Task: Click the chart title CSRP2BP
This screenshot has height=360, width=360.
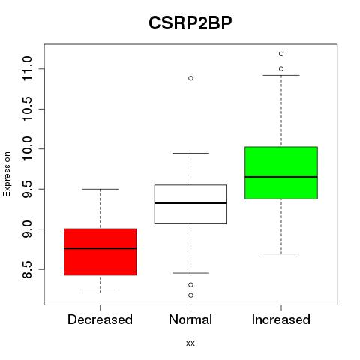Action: (190, 22)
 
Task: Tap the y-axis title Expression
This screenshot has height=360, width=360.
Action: (7, 174)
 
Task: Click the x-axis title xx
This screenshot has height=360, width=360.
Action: (190, 343)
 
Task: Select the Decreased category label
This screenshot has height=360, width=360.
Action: (100, 319)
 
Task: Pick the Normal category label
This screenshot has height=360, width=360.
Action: (190, 319)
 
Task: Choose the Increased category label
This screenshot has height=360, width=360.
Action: (281, 319)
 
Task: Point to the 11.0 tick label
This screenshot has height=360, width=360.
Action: (27, 68)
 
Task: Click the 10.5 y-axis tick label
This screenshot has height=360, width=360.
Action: (27, 109)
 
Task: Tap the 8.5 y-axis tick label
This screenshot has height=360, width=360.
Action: (27, 269)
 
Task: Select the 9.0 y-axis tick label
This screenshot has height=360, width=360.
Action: (27, 229)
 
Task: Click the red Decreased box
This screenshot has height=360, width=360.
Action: (100, 252)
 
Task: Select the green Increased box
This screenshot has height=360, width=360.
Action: (281, 173)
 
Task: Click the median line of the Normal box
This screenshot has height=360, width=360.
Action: (190, 203)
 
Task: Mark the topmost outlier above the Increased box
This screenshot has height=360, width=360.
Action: (281, 54)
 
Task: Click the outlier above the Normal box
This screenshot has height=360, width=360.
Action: (190, 78)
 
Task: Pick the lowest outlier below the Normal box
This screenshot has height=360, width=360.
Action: (190, 295)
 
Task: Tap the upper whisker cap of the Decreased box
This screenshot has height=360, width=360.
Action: (100, 189)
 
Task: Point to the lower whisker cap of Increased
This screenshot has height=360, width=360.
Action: (281, 253)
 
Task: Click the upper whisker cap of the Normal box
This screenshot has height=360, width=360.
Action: (190, 153)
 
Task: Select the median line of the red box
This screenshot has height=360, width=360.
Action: (100, 248)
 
